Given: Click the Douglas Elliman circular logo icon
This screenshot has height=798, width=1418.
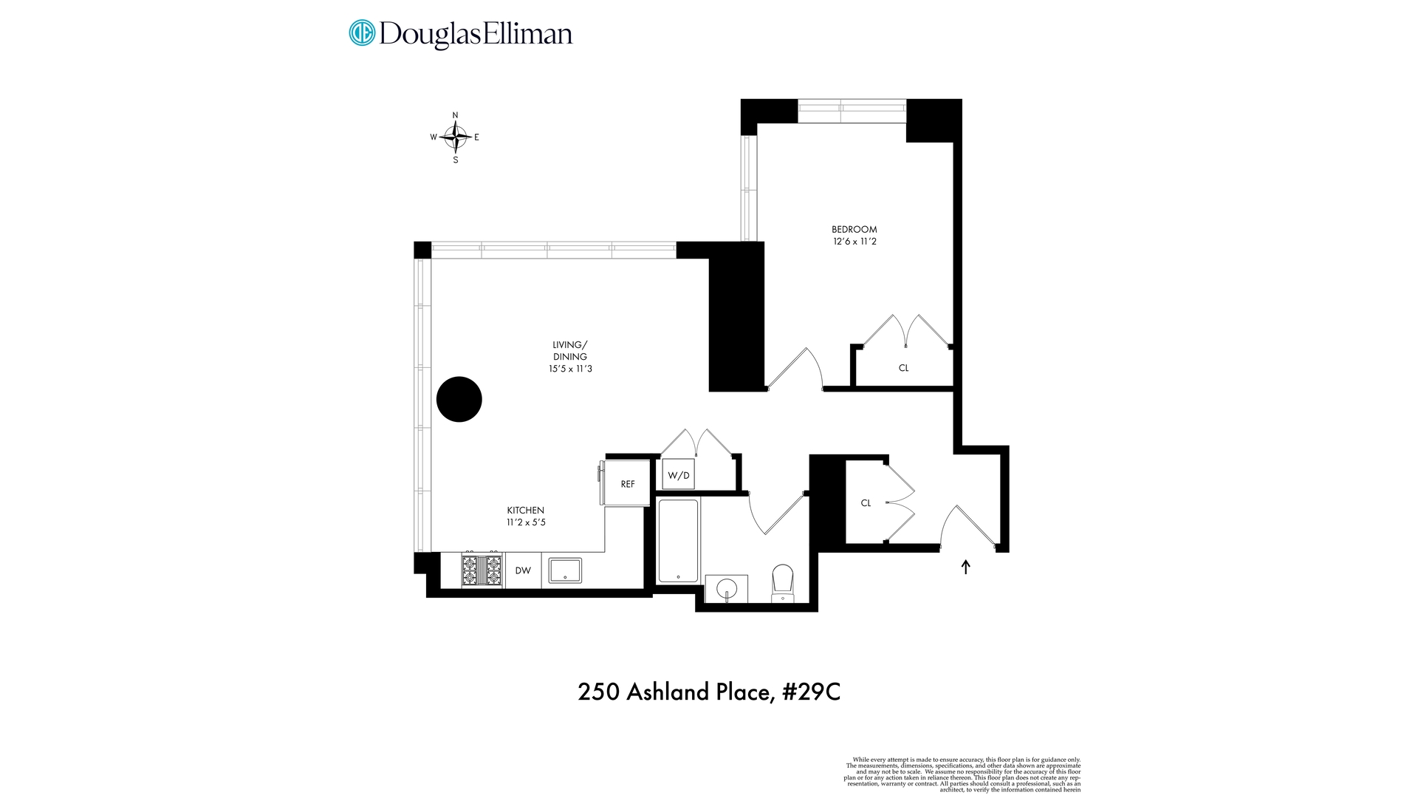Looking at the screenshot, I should click(362, 33).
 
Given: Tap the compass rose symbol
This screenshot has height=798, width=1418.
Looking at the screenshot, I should click(456, 137).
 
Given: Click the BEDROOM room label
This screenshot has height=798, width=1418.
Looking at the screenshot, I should click(854, 229).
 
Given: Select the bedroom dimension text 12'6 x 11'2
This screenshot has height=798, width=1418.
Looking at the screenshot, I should click(854, 242).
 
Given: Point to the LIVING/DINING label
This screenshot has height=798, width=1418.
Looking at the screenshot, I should click(570, 350).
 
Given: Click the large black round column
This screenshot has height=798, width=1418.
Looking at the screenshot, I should click(459, 399).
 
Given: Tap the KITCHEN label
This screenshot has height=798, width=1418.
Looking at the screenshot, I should click(526, 511).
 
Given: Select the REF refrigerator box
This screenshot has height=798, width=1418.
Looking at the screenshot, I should click(627, 484).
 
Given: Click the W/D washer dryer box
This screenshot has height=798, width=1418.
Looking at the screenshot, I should click(678, 475).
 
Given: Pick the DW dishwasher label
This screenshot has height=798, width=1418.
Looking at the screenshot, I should click(523, 570).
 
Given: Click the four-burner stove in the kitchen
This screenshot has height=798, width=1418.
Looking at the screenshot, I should click(482, 570).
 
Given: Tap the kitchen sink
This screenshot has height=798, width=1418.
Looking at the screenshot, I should click(565, 570).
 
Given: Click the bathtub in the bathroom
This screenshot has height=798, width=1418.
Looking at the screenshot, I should click(677, 542).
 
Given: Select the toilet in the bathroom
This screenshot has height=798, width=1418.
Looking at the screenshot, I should click(782, 584).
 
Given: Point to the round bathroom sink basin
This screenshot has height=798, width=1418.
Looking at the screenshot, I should click(727, 589).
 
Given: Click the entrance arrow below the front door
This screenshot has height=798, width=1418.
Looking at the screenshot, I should click(965, 567).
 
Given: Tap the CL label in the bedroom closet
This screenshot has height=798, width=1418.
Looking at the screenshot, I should click(903, 368).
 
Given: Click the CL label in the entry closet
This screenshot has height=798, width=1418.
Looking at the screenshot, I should click(866, 503).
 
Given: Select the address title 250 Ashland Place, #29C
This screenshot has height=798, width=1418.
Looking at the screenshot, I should click(709, 692).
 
